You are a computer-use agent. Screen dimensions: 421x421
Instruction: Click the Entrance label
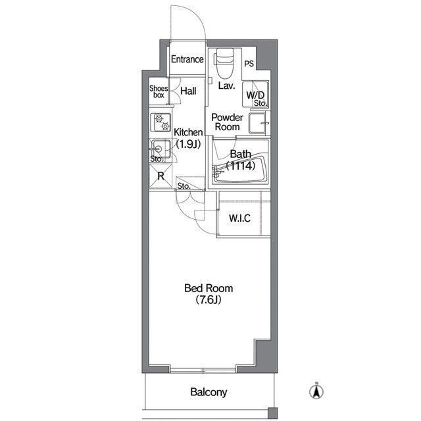[x=187, y=59]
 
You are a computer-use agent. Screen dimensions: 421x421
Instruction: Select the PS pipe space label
[x=249, y=64]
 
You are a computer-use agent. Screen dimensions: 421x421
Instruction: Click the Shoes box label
[x=159, y=91]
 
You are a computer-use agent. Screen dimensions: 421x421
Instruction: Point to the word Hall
[x=188, y=91]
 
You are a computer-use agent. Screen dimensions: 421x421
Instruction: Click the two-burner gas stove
[x=161, y=122]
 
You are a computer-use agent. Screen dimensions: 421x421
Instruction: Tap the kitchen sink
[x=161, y=149]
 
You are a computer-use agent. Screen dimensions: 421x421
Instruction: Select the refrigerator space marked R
[x=161, y=176]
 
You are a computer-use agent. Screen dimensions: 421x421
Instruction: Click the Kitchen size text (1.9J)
[x=188, y=145]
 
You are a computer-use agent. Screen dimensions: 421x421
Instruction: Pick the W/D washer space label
[x=255, y=95]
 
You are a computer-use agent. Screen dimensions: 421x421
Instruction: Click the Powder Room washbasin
[x=259, y=123]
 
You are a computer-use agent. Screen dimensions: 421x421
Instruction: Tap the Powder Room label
[x=227, y=122]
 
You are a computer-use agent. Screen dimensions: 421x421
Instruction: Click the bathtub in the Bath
[x=240, y=169]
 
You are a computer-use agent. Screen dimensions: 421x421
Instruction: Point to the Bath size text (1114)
[x=241, y=166]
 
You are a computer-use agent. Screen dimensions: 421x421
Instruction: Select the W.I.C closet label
[x=239, y=218]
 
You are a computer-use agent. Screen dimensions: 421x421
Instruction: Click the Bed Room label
[x=209, y=288]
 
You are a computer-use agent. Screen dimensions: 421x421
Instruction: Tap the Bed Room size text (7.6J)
[x=209, y=300]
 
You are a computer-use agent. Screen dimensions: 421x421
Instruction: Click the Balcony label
[x=209, y=392]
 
